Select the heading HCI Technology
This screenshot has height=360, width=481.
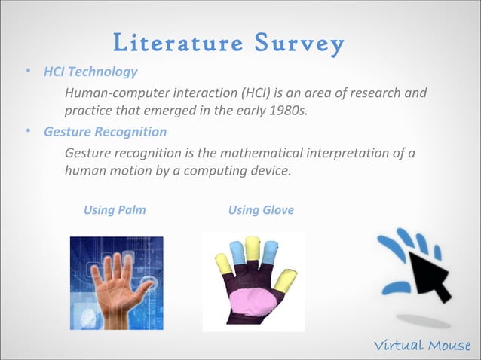point(91,72)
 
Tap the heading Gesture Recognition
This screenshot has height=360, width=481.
point(106,132)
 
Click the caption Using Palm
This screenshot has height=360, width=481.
point(115,209)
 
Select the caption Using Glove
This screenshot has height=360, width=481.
point(261,209)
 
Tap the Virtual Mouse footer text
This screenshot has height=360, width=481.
point(422,346)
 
